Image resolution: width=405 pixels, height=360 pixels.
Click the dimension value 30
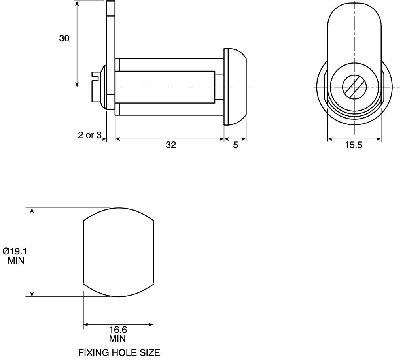click(64, 38)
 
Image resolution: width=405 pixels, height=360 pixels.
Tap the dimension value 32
click(171, 145)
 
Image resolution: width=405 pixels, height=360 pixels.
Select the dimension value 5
click(235, 145)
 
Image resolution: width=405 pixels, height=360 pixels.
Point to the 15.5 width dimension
click(354, 145)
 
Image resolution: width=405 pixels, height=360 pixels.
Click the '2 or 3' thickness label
click(90, 135)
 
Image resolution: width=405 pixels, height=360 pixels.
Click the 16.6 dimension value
click(118, 330)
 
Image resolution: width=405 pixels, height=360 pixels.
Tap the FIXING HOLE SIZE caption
click(119, 352)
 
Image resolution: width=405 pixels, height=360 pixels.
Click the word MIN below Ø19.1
click(16, 261)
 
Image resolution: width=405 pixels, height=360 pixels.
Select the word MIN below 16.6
click(117, 339)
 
